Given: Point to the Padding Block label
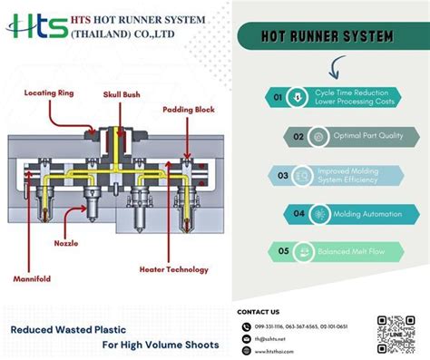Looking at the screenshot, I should (x=190, y=110).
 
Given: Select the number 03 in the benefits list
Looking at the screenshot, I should (x=282, y=175).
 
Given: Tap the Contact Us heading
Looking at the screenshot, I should (x=258, y=312).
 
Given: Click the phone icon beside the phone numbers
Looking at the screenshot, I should (x=246, y=326).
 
